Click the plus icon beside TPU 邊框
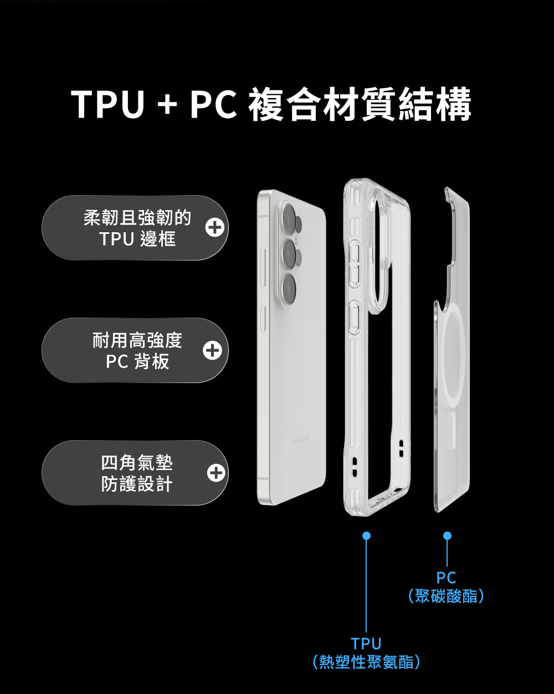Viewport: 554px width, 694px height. [214, 228]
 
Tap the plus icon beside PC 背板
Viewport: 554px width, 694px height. [212, 350]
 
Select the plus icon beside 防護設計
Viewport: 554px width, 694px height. [216, 473]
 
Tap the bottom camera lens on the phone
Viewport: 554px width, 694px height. [289, 289]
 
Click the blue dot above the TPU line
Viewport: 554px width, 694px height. [366, 535]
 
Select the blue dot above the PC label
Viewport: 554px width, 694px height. [447, 535]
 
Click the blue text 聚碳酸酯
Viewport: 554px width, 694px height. [446, 596]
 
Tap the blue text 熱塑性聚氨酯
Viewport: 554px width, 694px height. [366, 662]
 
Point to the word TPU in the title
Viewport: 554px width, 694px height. [107, 104]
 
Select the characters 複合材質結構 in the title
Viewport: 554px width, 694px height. [360, 104]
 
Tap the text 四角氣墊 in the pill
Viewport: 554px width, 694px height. [137, 463]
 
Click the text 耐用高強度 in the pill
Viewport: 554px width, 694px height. [137, 340]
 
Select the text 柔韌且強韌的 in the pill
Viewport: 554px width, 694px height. [137, 218]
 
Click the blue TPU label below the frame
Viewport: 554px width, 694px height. [366, 644]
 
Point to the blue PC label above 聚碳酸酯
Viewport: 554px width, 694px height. [447, 577]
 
